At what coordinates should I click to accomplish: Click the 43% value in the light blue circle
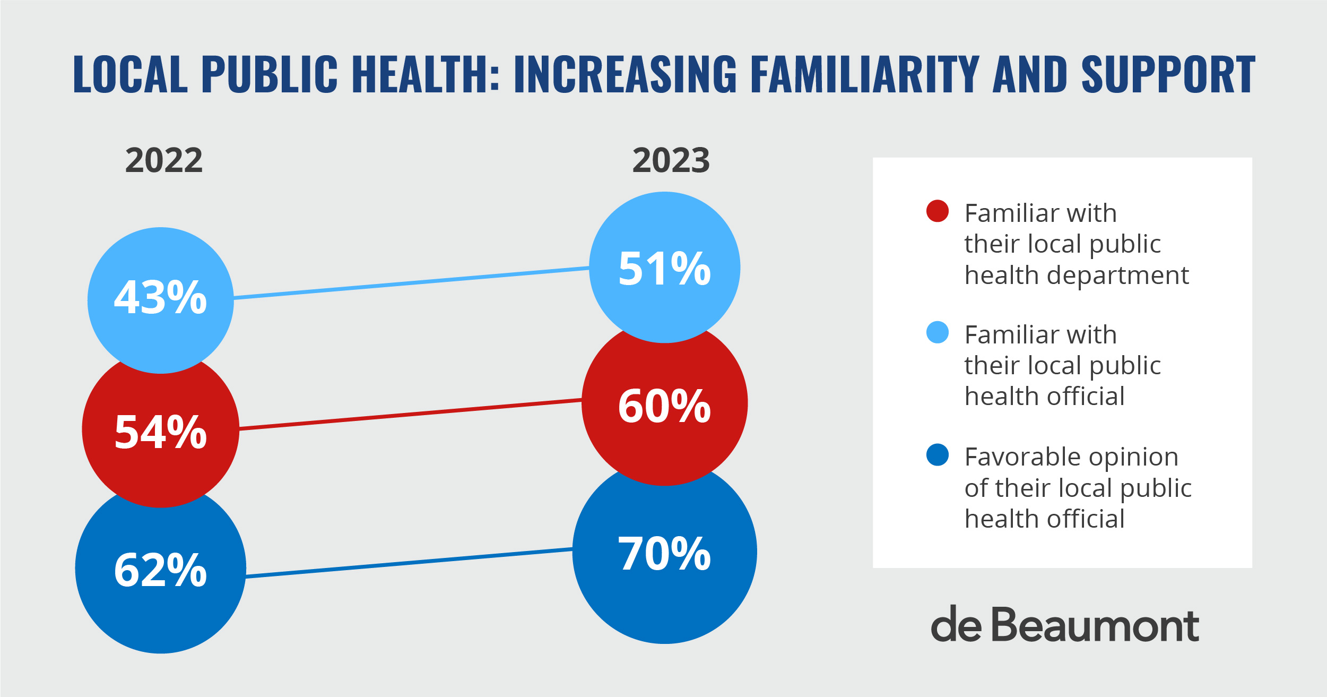[x=160, y=298]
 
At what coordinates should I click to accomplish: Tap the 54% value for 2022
[x=160, y=432]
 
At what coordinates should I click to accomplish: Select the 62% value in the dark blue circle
[x=160, y=570]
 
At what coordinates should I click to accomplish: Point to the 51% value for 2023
[x=664, y=269]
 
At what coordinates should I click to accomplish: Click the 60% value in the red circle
[x=664, y=406]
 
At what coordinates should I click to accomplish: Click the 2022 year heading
[x=164, y=160]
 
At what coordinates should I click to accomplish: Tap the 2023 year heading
[x=671, y=160]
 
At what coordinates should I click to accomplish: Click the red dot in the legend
[x=937, y=211]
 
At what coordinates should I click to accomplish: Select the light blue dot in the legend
[x=937, y=332]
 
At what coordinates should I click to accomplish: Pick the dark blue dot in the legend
[x=937, y=455]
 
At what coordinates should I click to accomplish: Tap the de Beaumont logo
[x=1064, y=625]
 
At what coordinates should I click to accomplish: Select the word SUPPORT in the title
[x=1168, y=74]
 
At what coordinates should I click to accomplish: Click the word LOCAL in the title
[x=131, y=74]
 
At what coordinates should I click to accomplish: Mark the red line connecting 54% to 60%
[x=411, y=414]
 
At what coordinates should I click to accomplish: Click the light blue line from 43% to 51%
[x=411, y=283]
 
